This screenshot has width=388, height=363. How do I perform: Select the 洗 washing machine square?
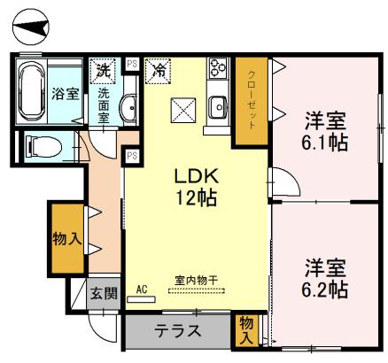tap(104, 67)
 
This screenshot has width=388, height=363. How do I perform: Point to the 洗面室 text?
tap(104, 104)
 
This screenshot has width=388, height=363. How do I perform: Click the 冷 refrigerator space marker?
tap(159, 67)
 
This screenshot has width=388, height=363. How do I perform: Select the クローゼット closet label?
tap(251, 100)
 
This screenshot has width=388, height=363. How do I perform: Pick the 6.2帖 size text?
tap(325, 289)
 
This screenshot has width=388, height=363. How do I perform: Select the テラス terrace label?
tap(178, 332)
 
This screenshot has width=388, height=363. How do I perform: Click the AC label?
tap(142, 289)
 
